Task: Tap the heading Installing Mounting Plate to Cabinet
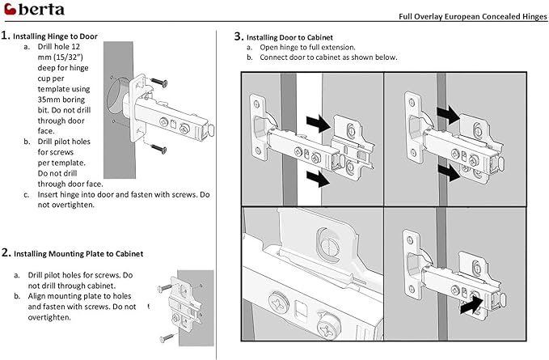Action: click(x=78, y=253)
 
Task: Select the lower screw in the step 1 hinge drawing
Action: click(x=155, y=148)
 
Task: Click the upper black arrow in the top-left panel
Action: click(x=320, y=124)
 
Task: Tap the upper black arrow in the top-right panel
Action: click(x=448, y=110)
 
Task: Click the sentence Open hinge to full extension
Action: click(x=307, y=48)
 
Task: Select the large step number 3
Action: click(x=239, y=36)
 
